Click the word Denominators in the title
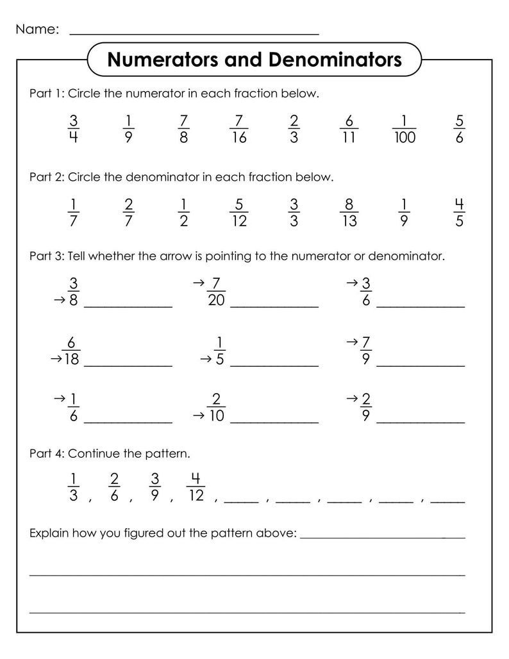[x=336, y=60]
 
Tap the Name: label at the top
[x=37, y=29]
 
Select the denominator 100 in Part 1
[x=404, y=137]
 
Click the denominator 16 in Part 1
[x=238, y=137]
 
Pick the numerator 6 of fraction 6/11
[x=349, y=121]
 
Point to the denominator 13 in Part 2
[x=349, y=221]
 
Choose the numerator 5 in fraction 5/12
[x=238, y=204]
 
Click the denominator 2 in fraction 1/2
[x=183, y=221]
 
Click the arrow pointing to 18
[x=55, y=360]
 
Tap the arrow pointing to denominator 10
[x=198, y=415]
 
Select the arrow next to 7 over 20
[x=197, y=282]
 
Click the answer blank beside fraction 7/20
[x=274, y=306]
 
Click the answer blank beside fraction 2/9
[x=421, y=422]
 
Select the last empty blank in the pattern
[x=448, y=501]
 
